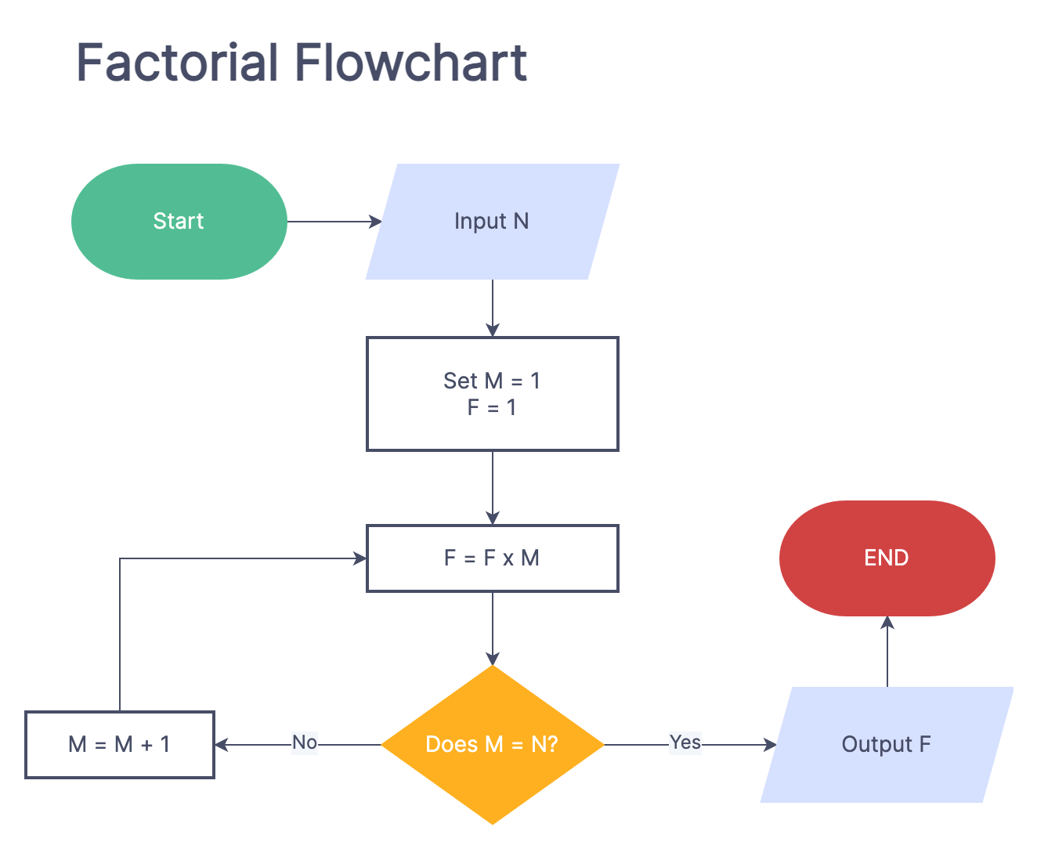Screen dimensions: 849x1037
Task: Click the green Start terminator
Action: (x=179, y=222)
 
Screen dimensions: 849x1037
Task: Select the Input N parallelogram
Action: (x=492, y=222)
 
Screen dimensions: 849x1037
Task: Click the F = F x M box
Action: (x=492, y=558)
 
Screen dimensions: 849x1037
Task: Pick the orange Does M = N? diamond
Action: (x=492, y=744)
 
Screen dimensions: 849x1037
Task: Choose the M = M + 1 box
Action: (x=120, y=745)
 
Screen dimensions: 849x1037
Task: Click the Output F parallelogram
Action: (x=886, y=745)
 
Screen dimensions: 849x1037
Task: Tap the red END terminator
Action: (x=887, y=558)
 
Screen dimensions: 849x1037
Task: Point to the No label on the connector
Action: (x=305, y=742)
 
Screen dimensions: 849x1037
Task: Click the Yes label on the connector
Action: (x=685, y=742)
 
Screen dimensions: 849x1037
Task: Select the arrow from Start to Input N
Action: (x=333, y=222)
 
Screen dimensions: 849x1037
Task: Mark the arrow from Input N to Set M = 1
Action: (x=493, y=307)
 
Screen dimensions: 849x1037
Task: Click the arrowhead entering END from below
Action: (x=887, y=623)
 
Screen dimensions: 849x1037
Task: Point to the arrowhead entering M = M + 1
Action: (x=222, y=745)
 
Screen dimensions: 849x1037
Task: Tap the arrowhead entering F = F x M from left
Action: (x=360, y=558)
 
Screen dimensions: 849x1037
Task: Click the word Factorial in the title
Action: (x=178, y=63)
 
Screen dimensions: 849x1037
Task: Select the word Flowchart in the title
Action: (x=410, y=63)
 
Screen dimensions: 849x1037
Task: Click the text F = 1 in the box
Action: (x=492, y=408)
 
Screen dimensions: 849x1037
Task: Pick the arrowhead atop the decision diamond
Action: (x=493, y=658)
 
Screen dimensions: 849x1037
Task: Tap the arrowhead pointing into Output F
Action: (x=770, y=745)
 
